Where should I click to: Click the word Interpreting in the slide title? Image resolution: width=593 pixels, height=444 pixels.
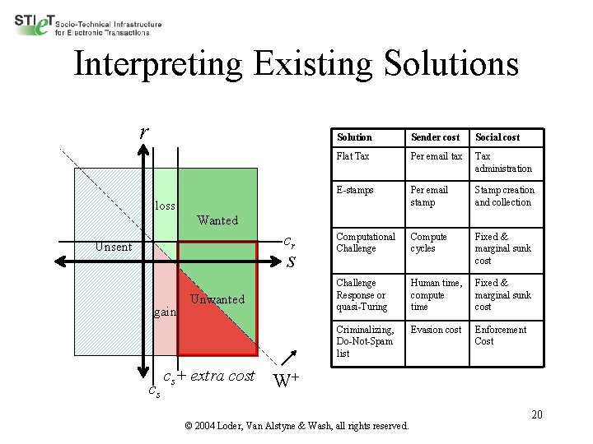(157, 64)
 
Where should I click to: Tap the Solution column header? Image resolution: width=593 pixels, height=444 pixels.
(354, 137)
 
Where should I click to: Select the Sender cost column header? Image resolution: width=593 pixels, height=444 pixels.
(435, 137)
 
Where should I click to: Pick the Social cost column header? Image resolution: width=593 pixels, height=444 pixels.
(497, 137)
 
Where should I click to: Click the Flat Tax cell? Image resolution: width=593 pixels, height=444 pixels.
(353, 156)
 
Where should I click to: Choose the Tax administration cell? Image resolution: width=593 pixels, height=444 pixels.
(503, 162)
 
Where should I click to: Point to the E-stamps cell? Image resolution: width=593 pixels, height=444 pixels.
(355, 190)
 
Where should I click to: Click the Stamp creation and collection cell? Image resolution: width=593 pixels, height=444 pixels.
(504, 196)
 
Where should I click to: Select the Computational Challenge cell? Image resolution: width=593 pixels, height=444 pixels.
(366, 243)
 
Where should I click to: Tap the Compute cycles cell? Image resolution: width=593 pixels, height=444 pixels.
(429, 243)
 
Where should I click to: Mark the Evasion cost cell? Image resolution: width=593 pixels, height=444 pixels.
(436, 330)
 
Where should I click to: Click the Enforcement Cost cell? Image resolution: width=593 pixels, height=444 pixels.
(500, 335)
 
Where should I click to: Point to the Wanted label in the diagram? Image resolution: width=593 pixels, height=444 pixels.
(217, 220)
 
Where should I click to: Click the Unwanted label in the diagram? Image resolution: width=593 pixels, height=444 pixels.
(217, 299)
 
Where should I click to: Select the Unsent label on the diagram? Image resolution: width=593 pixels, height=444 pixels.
(113, 247)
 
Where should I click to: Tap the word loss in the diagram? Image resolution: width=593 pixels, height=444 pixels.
(166, 206)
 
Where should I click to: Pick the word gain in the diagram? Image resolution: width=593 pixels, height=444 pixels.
(165, 312)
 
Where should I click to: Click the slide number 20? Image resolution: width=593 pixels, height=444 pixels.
(537, 414)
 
